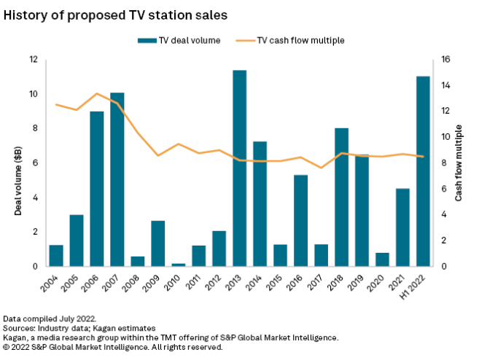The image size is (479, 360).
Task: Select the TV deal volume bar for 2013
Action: [239, 168]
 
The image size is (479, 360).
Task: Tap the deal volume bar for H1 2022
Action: [423, 171]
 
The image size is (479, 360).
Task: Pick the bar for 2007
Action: [117, 179]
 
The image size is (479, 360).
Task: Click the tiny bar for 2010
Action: [178, 265]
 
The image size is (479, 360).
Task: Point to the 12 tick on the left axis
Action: [33, 59]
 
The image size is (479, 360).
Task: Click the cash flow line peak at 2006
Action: [97, 93]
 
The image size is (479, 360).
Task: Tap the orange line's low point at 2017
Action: [321, 168]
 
